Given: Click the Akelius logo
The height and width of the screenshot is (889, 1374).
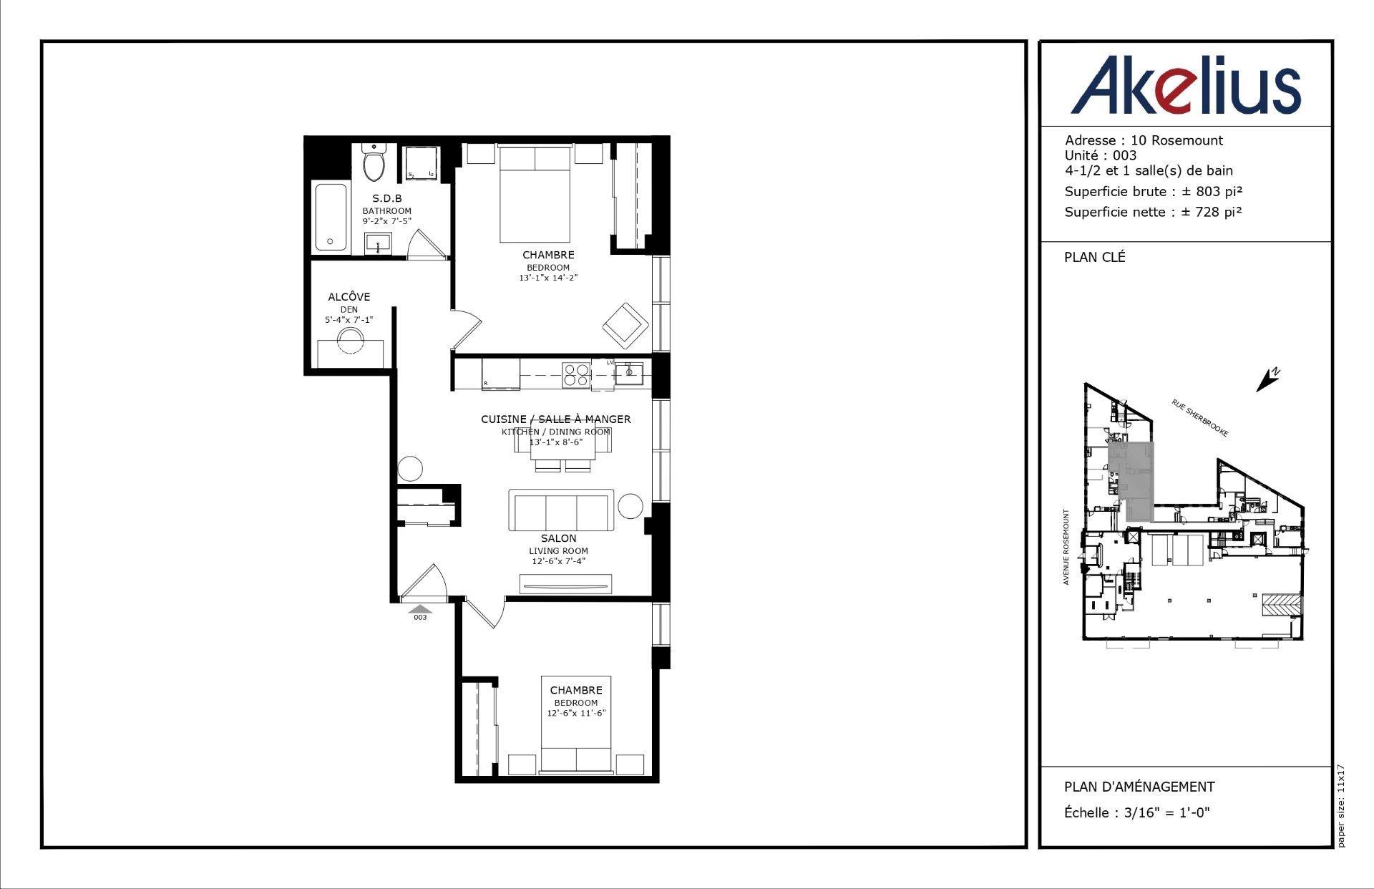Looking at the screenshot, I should point(1185,86).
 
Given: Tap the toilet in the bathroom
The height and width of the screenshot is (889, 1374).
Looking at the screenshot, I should point(373,163).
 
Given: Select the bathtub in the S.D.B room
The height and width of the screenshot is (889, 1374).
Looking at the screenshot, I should point(331,218).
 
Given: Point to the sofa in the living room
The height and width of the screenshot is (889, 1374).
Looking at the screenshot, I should point(561,510).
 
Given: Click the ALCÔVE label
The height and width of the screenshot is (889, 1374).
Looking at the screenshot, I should point(349,296).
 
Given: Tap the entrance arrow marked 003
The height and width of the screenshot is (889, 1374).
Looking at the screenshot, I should point(420,611).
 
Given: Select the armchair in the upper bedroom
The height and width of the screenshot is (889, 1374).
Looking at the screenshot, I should point(625,326).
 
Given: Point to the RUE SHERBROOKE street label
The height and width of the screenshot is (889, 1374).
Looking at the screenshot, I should point(1200,418).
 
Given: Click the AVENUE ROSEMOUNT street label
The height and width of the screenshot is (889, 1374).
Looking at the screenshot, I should point(1066,547).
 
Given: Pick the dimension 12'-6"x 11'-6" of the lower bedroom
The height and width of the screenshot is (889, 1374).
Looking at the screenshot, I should point(576,713).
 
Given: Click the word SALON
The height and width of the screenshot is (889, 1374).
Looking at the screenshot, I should point(558,538).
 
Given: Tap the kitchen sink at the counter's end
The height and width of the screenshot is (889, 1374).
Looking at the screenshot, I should point(629,373).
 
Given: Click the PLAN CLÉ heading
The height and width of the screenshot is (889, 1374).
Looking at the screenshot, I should point(1094,257).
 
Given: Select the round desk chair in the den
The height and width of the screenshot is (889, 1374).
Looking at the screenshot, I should point(351,341).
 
